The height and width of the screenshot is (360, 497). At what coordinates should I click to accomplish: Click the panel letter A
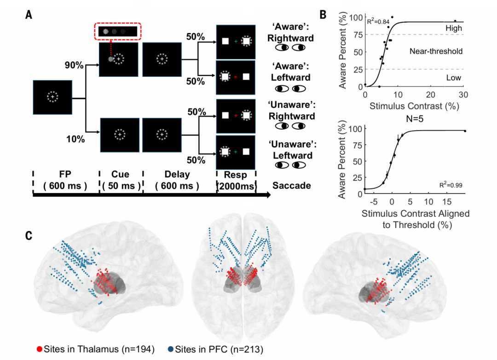coord(29,15)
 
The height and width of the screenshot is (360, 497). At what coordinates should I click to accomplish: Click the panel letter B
coord(323,15)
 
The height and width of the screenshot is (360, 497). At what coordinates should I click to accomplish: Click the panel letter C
coord(29,235)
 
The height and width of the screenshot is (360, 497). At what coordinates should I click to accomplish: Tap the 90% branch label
coord(74,65)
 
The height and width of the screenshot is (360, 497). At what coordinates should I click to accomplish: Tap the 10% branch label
coord(75,139)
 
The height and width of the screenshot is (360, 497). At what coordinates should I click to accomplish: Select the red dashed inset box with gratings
coord(118,31)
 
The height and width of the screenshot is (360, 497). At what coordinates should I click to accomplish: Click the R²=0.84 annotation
coord(378,22)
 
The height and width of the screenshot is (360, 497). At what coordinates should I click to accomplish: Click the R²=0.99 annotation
coord(451,185)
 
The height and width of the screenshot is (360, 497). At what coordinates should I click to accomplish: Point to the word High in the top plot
coord(454,28)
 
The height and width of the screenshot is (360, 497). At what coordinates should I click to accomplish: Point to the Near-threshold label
coord(436,51)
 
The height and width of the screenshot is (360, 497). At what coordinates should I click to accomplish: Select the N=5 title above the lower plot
coord(415,119)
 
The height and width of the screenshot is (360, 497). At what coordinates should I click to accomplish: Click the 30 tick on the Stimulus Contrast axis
coord(463,95)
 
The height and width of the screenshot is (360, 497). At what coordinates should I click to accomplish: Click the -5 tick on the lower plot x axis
coord(374,202)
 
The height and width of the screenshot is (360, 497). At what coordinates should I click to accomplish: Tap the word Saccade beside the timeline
coord(292,185)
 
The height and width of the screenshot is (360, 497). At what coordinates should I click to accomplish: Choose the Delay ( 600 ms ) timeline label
coord(177,180)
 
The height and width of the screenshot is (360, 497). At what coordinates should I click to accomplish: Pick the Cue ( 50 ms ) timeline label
coord(121,180)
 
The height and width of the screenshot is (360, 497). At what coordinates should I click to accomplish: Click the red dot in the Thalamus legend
coord(40,349)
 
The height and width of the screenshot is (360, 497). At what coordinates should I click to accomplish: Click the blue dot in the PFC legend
coord(171,349)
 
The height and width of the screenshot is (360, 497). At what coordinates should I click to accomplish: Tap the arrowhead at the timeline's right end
coord(268,195)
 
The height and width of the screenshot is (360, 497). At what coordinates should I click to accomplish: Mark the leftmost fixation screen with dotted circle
coord(52,97)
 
